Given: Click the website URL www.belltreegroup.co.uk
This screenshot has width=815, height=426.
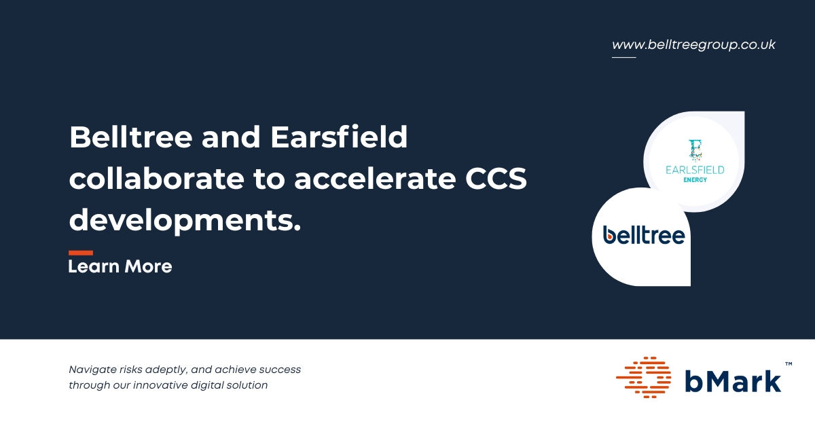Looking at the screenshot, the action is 693,45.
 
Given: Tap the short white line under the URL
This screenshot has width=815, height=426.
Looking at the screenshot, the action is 623,57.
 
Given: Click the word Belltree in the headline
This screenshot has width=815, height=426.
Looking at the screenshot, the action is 130,137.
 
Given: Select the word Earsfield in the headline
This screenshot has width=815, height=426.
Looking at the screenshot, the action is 339,137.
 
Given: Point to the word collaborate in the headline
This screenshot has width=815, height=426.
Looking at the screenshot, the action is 156,179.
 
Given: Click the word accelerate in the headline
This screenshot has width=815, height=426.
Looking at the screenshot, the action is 375,179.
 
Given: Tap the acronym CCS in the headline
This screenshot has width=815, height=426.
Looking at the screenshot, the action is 496,179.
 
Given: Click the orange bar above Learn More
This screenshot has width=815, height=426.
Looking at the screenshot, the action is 81,253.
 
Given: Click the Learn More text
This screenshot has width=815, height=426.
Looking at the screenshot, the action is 120,266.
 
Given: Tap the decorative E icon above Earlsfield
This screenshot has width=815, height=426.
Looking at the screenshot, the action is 695,150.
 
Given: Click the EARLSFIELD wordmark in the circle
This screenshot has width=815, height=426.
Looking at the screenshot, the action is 695,170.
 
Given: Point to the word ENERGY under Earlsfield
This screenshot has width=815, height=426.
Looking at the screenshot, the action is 695,180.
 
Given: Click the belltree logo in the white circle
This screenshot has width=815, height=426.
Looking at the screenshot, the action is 644,235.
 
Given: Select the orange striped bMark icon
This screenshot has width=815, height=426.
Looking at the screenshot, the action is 643,377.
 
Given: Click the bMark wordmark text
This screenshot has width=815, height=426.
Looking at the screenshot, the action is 733,381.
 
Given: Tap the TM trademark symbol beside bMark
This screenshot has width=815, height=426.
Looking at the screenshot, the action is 789,363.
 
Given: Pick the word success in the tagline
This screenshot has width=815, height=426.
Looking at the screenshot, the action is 280,370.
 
